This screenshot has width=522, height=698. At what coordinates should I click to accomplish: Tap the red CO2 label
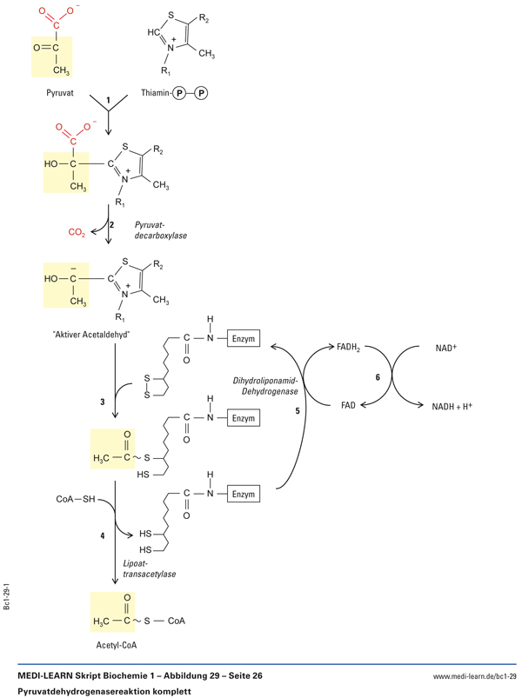(77, 232)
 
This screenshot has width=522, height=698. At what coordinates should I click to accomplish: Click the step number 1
(108, 101)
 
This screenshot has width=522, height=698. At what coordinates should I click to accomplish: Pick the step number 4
(103, 536)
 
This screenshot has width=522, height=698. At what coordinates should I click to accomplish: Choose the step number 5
(297, 410)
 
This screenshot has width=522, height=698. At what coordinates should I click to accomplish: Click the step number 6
(378, 376)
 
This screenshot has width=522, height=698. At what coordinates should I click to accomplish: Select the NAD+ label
(447, 348)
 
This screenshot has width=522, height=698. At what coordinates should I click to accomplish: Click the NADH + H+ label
(452, 405)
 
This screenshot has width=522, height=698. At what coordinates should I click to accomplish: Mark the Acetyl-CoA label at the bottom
(115, 645)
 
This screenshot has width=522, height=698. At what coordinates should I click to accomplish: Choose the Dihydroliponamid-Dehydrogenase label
(265, 386)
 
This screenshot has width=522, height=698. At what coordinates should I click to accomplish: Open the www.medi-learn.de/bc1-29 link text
(474, 675)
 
